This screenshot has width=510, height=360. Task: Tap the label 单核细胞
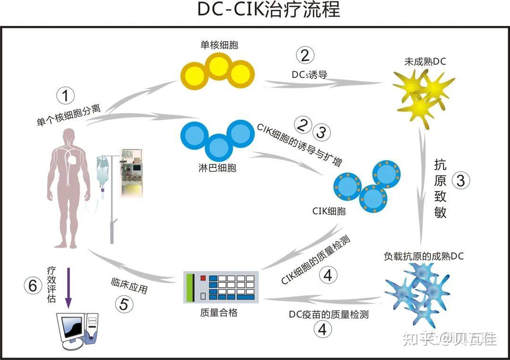(x=219, y=45)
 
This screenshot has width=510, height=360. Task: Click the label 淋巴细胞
(x=219, y=167)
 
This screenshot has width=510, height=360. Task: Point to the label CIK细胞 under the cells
(x=329, y=210)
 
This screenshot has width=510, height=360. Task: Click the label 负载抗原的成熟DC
(x=424, y=256)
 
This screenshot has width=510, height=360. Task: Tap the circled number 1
(x=66, y=96)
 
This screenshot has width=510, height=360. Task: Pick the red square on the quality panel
(x=203, y=278)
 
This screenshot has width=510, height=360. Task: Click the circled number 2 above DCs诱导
(x=305, y=56)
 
